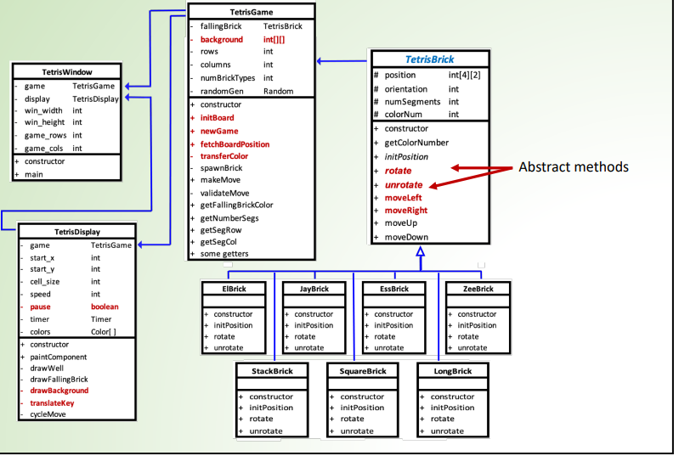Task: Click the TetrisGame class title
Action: click(x=251, y=12)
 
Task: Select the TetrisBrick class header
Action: click(x=430, y=59)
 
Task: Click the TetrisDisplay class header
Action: click(x=77, y=231)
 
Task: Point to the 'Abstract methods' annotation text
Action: click(x=573, y=167)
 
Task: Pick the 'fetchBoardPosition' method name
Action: click(x=235, y=144)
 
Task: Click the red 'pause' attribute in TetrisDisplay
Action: click(x=40, y=306)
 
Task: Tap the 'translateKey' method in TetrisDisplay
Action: click(x=53, y=403)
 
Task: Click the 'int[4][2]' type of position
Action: click(x=464, y=76)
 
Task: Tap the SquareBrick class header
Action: click(x=363, y=371)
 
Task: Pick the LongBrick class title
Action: click(x=451, y=371)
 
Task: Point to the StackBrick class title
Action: click(x=272, y=371)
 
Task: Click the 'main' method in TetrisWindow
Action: click(x=35, y=174)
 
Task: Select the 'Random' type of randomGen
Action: click(x=278, y=91)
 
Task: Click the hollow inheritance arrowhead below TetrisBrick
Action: click(x=420, y=252)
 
